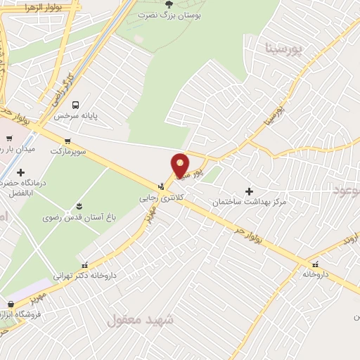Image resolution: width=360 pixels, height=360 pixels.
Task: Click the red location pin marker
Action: (x=181, y=165)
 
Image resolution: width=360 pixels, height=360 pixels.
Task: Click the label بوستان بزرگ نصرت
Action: (x=166, y=14)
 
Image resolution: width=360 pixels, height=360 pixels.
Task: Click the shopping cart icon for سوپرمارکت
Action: (x=67, y=141)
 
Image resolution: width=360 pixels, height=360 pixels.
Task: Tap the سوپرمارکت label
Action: (x=67, y=150)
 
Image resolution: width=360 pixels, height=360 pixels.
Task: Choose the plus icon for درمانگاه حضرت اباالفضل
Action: (x=21, y=172)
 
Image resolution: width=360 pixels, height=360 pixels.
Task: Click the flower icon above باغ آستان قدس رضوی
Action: (x=79, y=206)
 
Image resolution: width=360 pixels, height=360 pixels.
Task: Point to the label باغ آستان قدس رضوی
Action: (x=79, y=217)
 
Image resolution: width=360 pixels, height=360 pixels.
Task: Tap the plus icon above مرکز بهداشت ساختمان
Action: (x=250, y=191)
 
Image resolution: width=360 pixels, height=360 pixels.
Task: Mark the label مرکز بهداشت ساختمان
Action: (x=250, y=202)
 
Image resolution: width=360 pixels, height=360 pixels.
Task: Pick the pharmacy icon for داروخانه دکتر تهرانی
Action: (x=85, y=266)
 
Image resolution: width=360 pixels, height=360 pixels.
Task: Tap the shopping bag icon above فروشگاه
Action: (x=10, y=304)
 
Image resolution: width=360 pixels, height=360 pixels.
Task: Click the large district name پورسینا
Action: (x=285, y=49)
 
